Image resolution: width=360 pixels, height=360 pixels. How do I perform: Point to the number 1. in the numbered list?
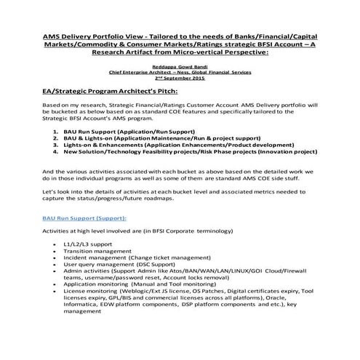tap(55, 138)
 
